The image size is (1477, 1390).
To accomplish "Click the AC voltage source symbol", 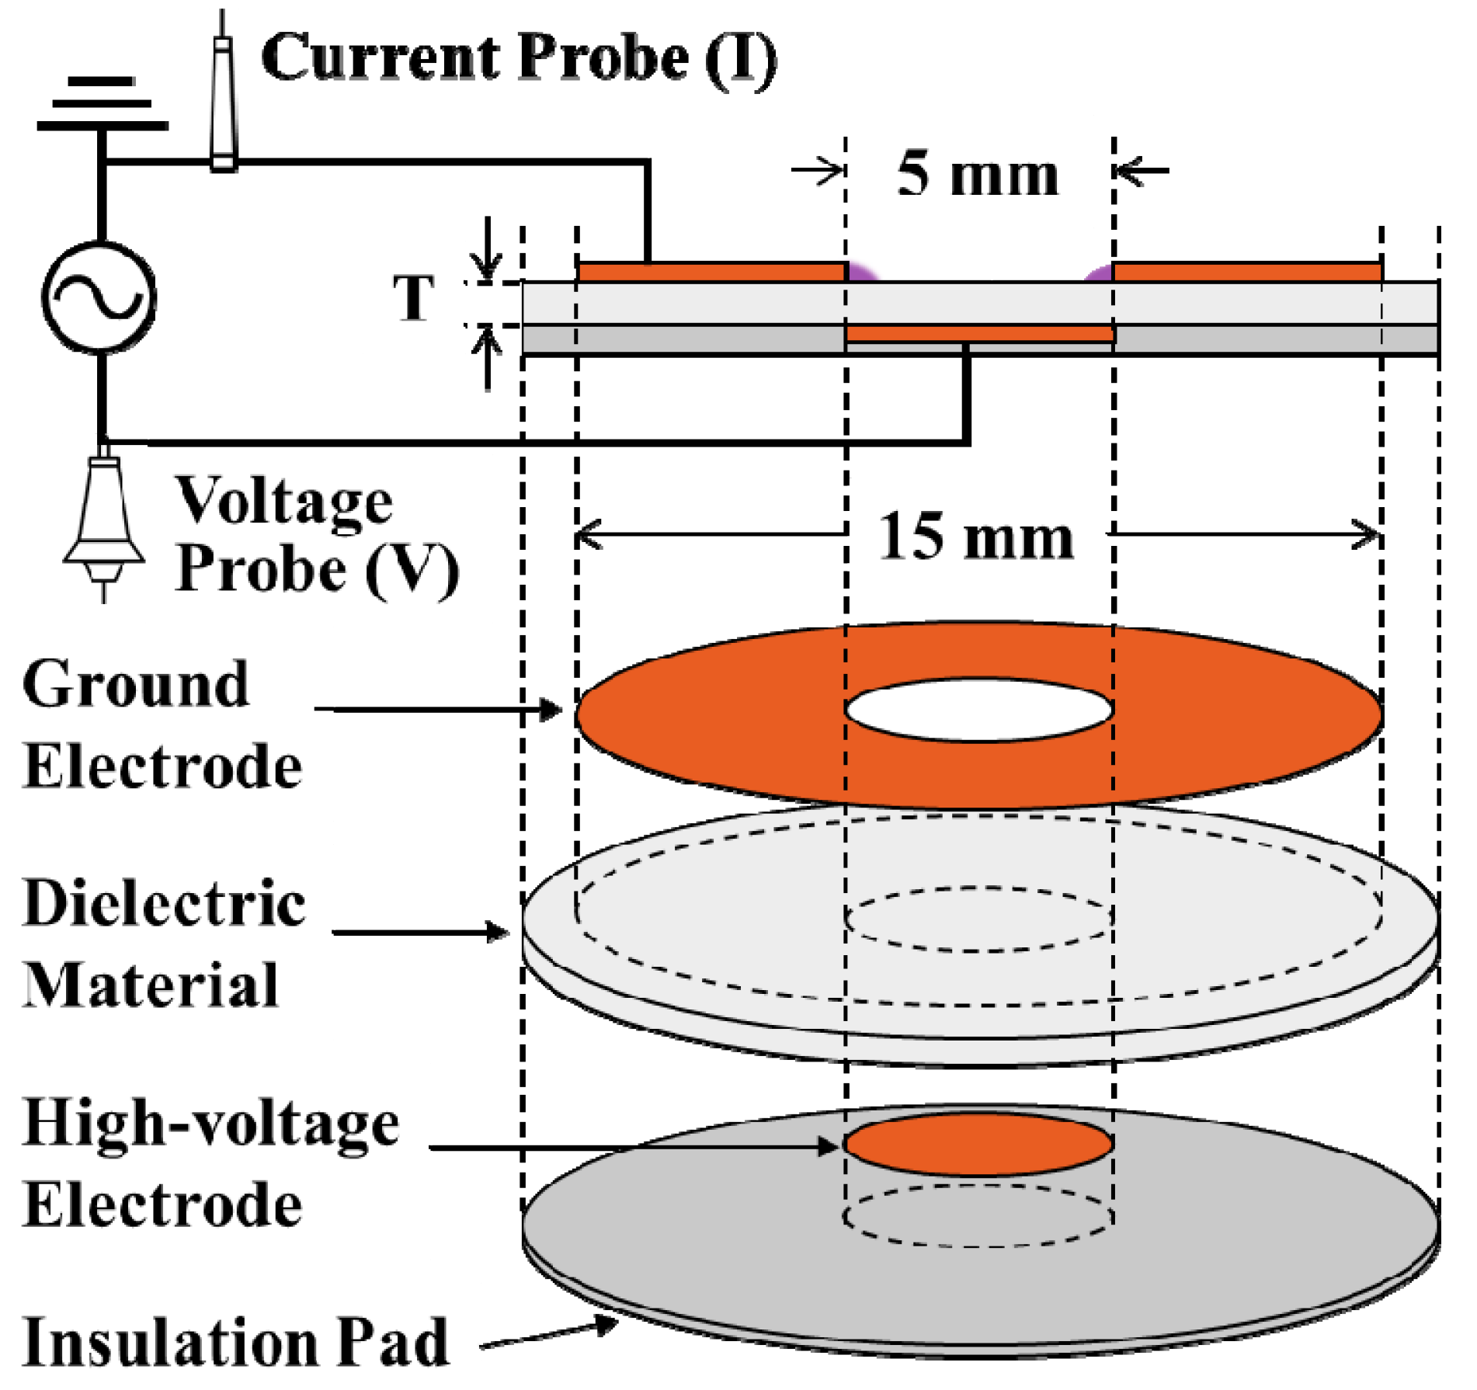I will pyautogui.click(x=99, y=298).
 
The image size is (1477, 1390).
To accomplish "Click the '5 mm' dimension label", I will pyautogui.click(x=977, y=174).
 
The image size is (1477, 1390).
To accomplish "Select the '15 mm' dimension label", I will pyautogui.click(x=976, y=537).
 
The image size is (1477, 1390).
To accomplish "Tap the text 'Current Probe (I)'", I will pyautogui.click(x=519, y=58).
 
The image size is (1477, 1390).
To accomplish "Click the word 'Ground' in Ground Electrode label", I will pyautogui.click(x=137, y=684).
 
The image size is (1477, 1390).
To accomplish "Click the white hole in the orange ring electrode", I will pyautogui.click(x=978, y=710).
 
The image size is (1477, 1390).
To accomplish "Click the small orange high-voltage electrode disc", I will pyautogui.click(x=978, y=1145).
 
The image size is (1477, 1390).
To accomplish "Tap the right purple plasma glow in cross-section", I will pyautogui.click(x=1098, y=273).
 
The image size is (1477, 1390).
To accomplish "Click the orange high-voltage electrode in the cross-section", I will pyautogui.click(x=979, y=334).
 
